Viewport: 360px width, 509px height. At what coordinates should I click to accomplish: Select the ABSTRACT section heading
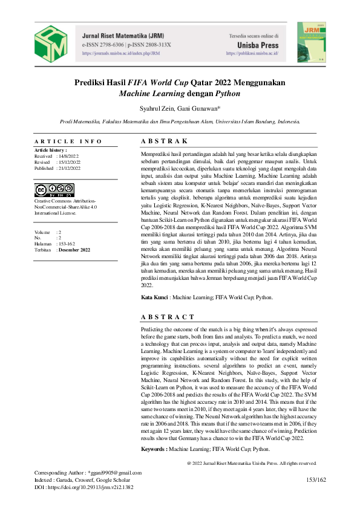(168, 316)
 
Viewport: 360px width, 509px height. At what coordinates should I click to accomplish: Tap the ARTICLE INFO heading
(68, 141)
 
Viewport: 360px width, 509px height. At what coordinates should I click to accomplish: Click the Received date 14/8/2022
(68, 156)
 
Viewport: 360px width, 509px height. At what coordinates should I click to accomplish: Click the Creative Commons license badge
(54, 190)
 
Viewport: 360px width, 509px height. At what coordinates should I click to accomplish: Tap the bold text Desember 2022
(74, 249)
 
